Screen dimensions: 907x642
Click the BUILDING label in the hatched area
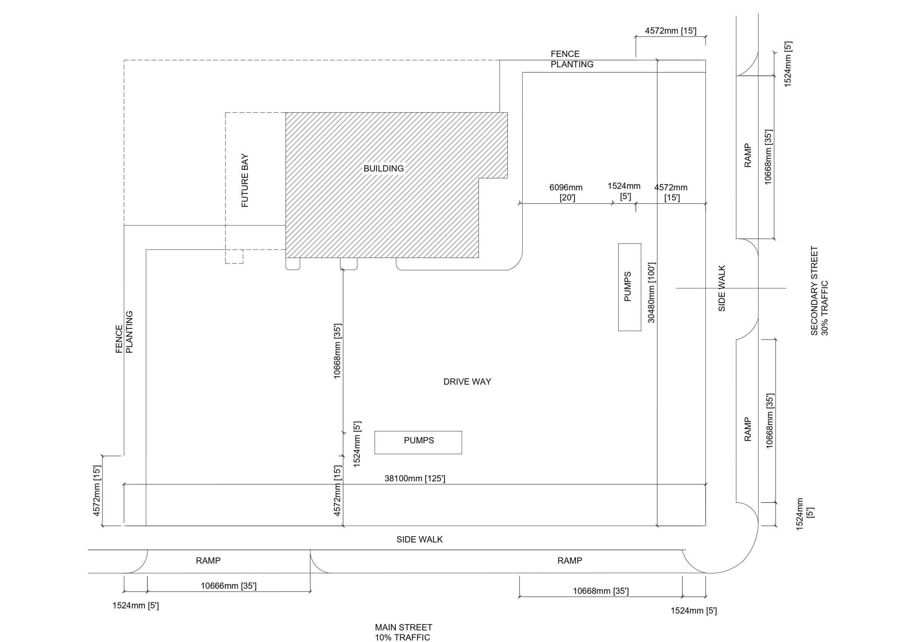[384, 168]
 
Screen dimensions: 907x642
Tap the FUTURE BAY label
[245, 181]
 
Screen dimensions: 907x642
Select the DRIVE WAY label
[467, 382]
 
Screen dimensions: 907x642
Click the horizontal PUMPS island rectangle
[418, 442]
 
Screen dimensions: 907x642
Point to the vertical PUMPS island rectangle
[630, 287]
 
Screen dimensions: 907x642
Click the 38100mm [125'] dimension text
[415, 478]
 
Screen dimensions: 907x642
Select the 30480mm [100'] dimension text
[652, 293]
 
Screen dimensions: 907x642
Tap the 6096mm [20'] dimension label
[566, 192]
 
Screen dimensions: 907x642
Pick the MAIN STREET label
[404, 627]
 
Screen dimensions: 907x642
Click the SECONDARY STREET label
[814, 291]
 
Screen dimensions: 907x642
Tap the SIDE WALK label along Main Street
[419, 540]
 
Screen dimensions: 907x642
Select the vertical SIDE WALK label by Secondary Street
[722, 288]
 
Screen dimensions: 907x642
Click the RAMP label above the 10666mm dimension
[208, 561]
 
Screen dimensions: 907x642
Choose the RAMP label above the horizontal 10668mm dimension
[570, 561]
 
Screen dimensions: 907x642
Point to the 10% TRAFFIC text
[402, 637]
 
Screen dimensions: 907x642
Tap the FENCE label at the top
[565, 54]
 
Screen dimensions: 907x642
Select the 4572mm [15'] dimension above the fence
[671, 31]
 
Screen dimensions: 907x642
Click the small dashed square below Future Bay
[234, 257]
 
